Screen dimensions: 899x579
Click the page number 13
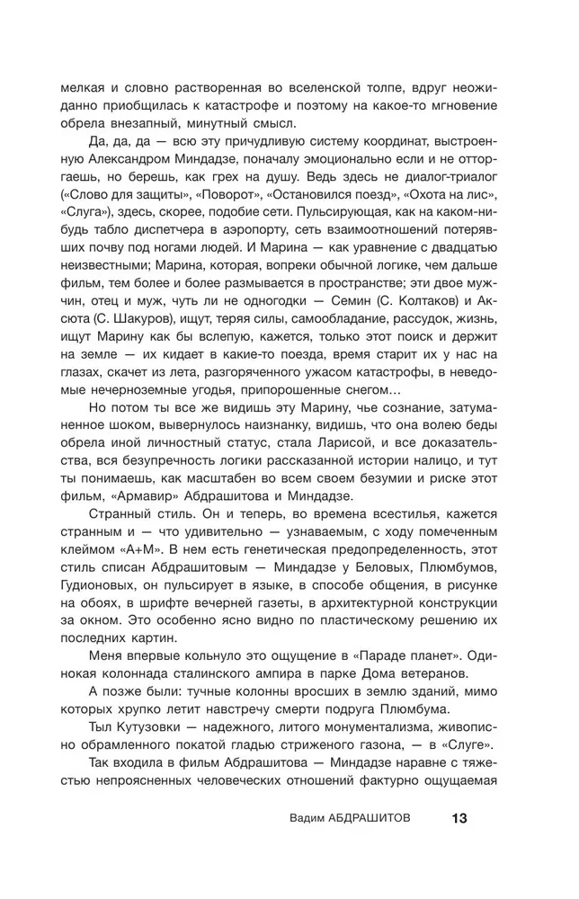[x=459, y=819]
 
